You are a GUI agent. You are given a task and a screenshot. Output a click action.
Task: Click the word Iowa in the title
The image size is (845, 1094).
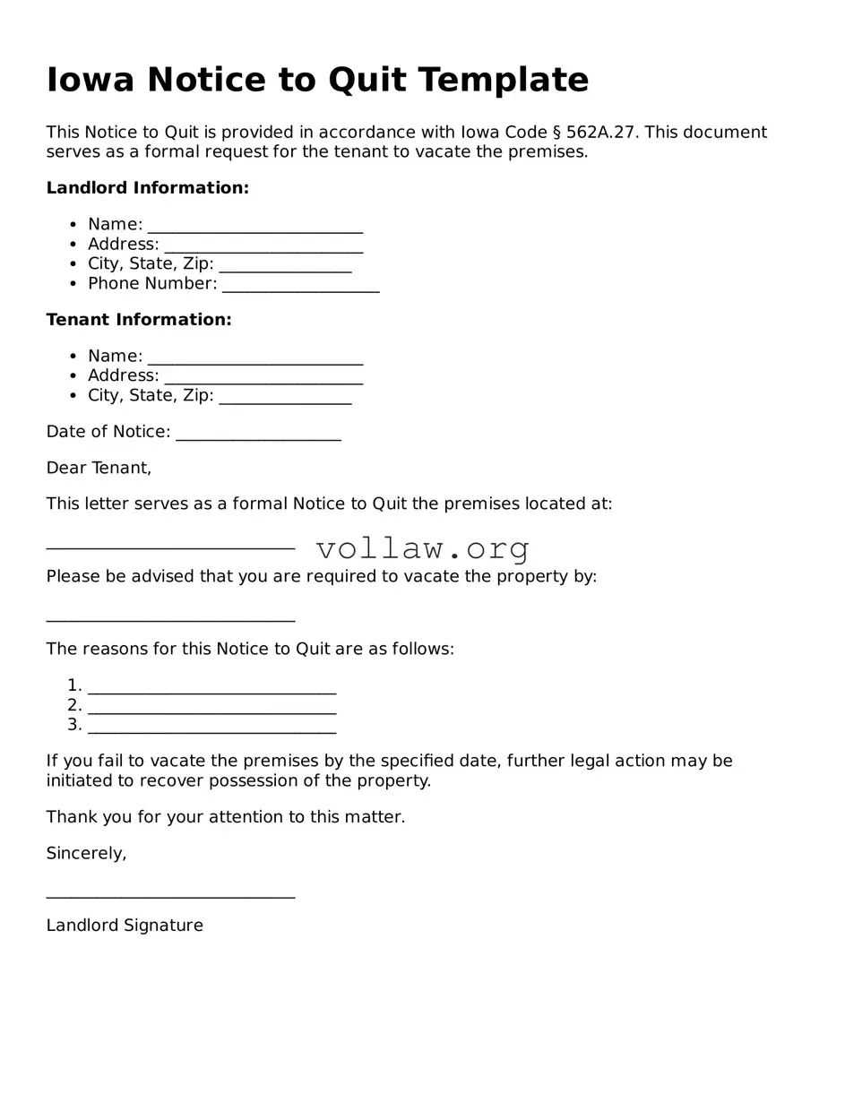coord(90,80)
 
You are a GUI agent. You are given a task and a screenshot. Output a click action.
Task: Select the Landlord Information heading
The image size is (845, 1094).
coord(147,188)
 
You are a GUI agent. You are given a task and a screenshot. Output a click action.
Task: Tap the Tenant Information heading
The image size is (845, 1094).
coord(139,320)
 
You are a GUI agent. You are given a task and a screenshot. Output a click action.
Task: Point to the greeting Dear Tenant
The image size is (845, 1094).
coord(99,468)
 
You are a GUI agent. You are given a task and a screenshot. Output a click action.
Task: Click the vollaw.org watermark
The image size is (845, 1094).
coord(423,548)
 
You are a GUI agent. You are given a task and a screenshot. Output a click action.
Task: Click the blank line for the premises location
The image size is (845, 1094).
coord(170,546)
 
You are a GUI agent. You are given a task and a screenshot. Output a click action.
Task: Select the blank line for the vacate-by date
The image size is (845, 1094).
coord(170,617)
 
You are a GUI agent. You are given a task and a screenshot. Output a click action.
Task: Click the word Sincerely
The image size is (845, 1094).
coord(86,854)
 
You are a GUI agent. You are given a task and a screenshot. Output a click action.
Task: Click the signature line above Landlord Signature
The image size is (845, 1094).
coord(170,893)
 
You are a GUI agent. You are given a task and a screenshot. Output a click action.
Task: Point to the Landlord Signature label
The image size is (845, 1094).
coord(125,926)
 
